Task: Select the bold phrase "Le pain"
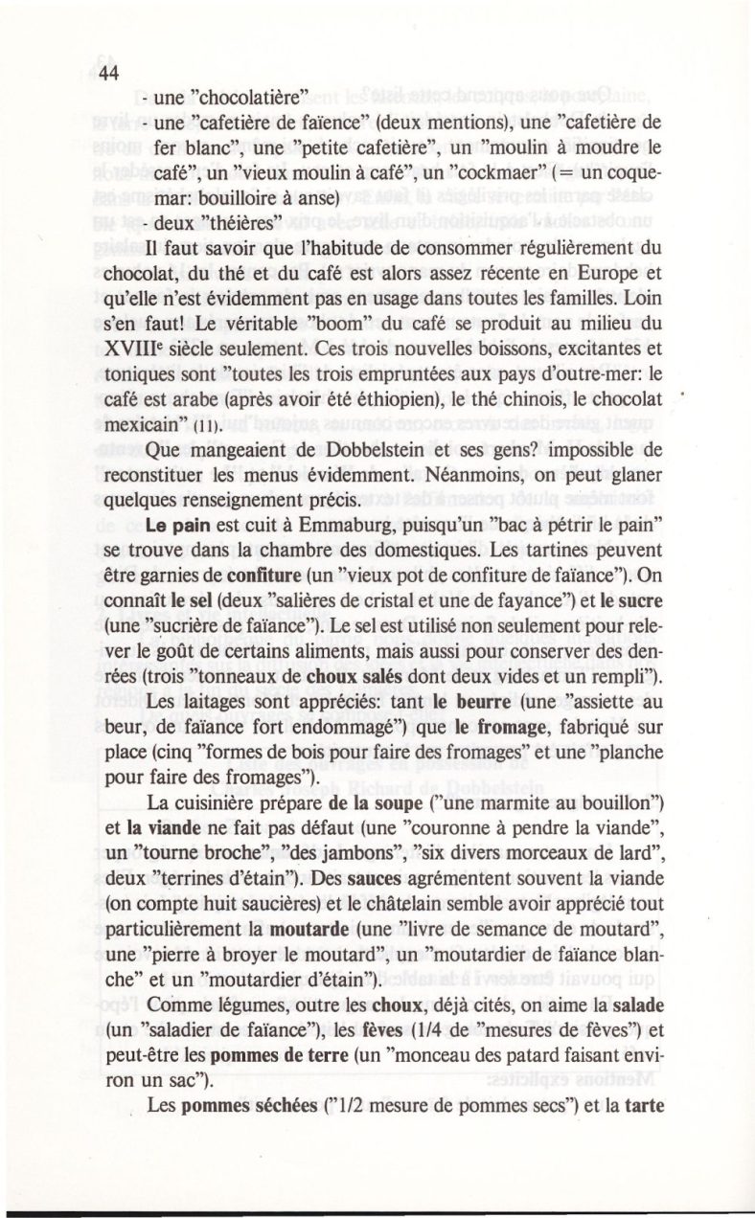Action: click(173, 530)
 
